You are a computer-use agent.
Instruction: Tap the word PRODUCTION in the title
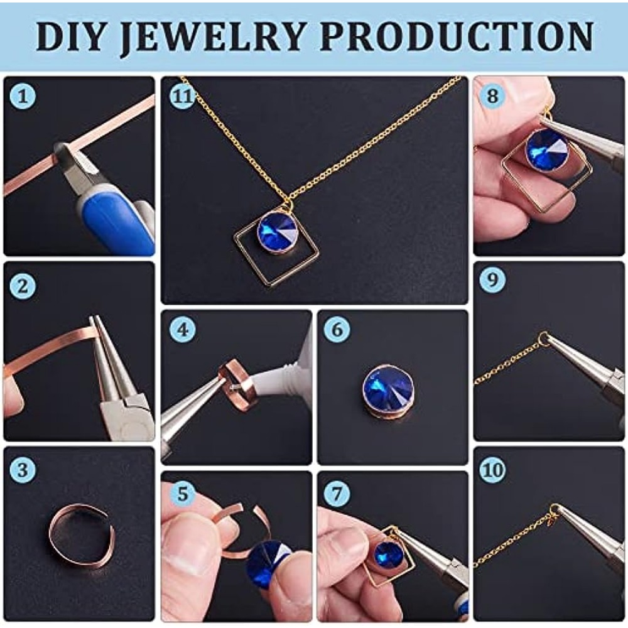[x=457, y=36]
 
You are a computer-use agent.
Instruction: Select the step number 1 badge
[x=23, y=96]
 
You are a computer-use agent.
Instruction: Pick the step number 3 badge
[x=23, y=469]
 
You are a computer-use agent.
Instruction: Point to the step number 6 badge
[x=337, y=329]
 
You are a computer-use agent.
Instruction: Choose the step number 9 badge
[x=492, y=279]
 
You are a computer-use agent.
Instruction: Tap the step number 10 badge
[x=492, y=469]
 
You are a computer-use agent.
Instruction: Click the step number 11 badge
[x=182, y=96]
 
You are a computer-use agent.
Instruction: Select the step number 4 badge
[x=182, y=329]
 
